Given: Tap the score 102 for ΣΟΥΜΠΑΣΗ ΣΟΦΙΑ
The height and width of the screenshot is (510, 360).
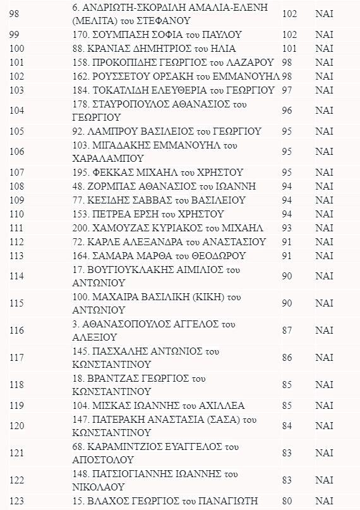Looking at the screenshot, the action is (x=289, y=34).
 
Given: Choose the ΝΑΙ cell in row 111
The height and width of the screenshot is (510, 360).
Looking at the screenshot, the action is (x=324, y=228).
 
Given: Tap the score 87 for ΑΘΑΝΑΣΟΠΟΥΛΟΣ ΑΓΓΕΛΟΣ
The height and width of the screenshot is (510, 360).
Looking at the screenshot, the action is (x=287, y=331).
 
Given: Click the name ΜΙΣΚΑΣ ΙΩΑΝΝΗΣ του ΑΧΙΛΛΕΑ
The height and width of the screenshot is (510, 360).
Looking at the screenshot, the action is (x=168, y=405).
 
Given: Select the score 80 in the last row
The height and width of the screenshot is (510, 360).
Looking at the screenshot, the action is (x=287, y=501).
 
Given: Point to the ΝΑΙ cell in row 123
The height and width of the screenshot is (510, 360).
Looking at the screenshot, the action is (x=324, y=501).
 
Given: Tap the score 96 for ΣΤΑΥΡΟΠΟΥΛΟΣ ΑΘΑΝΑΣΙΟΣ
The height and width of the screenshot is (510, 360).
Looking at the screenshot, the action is (x=287, y=110).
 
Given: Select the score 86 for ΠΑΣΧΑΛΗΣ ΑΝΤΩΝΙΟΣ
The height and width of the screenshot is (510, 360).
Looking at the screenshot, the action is (x=287, y=358).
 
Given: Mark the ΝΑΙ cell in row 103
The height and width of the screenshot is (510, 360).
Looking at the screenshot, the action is (x=324, y=90).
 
